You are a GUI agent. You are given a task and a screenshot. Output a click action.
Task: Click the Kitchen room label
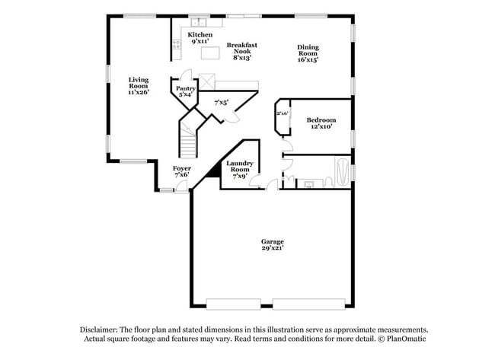pyautogui.click(x=200, y=35)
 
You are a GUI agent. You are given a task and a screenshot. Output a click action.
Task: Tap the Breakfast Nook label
pyautogui.click(x=242, y=46)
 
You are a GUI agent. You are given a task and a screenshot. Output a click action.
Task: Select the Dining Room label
pyautogui.click(x=307, y=48)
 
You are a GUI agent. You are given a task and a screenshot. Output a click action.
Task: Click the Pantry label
pyautogui.click(x=186, y=89)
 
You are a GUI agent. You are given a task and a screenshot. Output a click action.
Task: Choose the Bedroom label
pyautogui.click(x=321, y=120)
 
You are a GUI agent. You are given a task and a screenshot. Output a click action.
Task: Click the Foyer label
pyautogui.click(x=181, y=168)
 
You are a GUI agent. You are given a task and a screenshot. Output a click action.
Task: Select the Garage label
pyautogui.click(x=272, y=242)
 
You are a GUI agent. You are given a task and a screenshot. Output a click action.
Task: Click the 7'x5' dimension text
pyautogui.click(x=222, y=101)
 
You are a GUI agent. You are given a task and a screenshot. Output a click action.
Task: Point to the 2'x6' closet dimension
pyautogui.click(x=283, y=113)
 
